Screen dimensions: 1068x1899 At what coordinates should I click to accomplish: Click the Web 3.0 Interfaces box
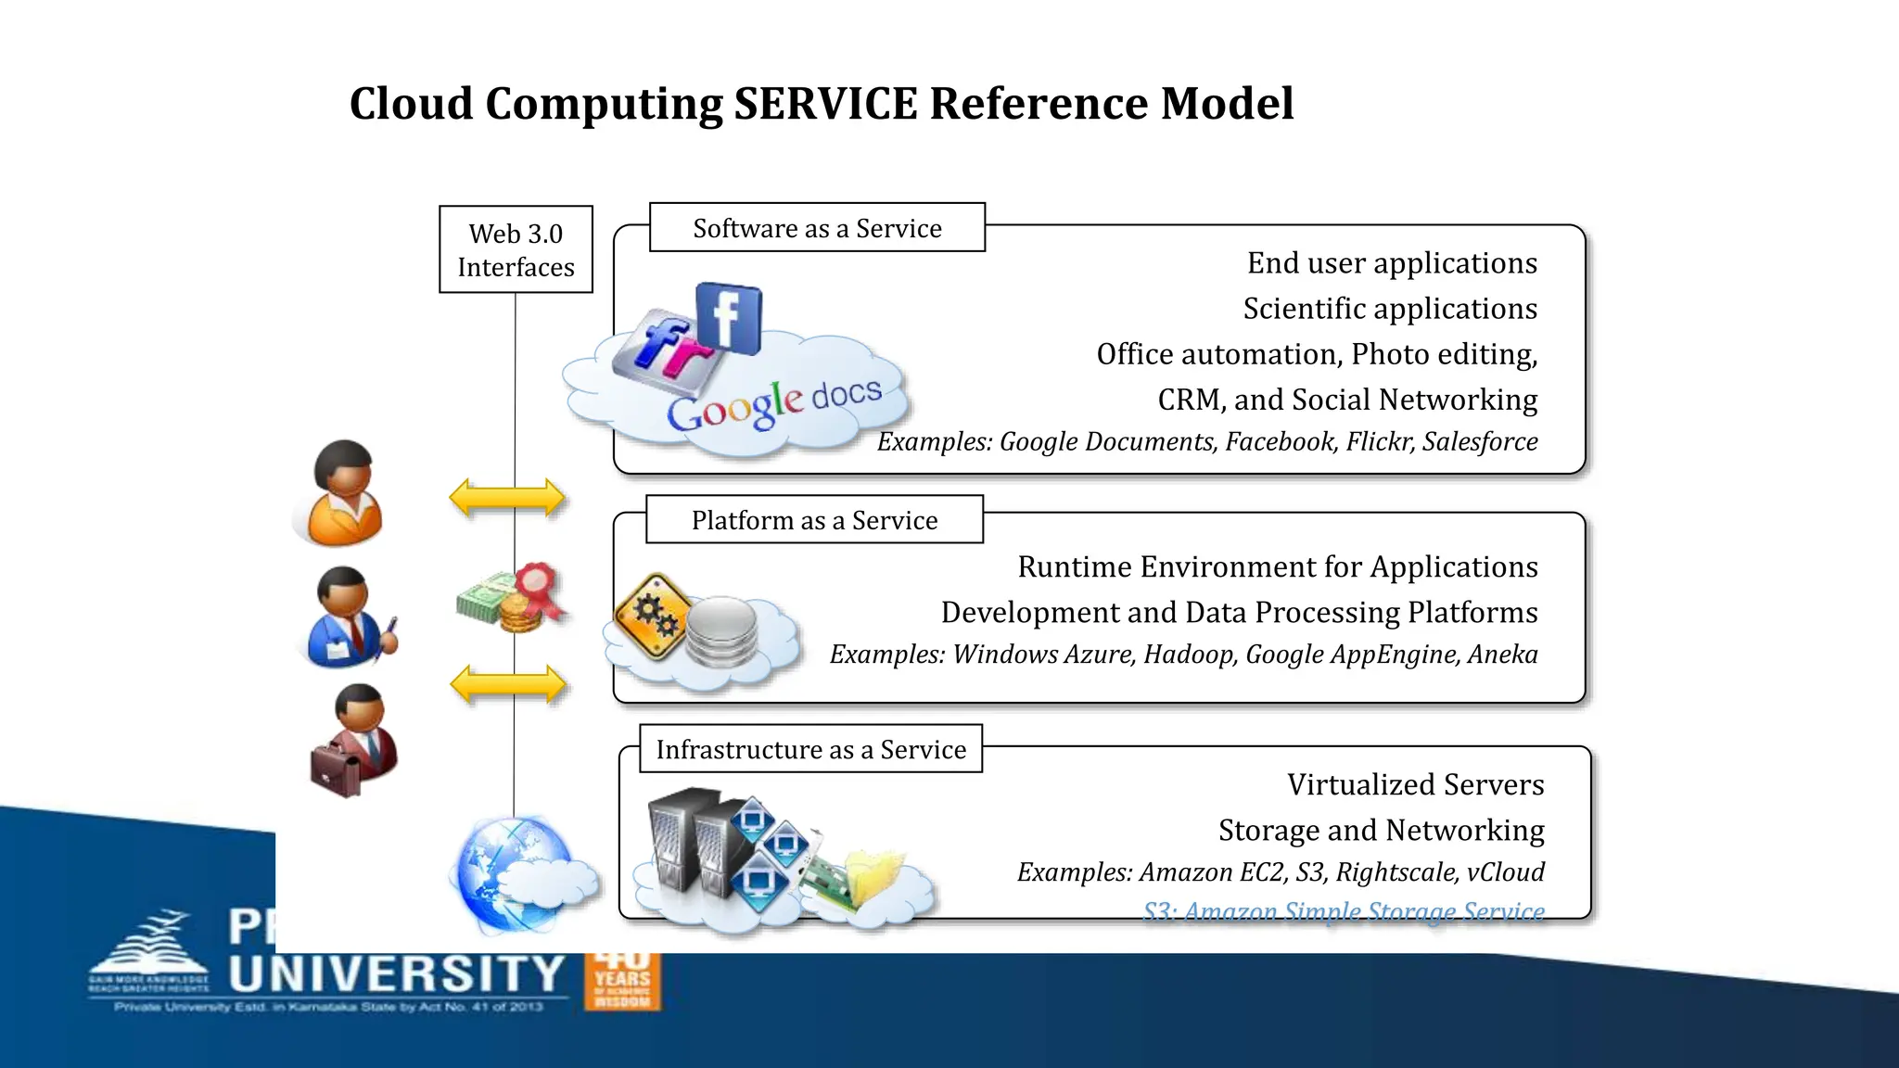pyautogui.click(x=516, y=249)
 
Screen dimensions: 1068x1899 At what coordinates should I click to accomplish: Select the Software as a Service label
pyautogui.click(x=817, y=228)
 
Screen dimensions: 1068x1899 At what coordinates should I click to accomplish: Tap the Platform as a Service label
pyautogui.click(x=814, y=520)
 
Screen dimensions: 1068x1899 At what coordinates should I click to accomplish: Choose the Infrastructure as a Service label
pyautogui.click(x=810, y=749)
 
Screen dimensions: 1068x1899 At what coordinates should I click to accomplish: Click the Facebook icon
pyautogui.click(x=729, y=319)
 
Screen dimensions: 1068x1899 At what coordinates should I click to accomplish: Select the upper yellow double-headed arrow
pyautogui.click(x=506, y=498)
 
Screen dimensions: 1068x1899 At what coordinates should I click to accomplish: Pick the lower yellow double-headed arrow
pyautogui.click(x=507, y=685)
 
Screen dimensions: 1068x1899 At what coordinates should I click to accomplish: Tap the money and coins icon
pyautogui.click(x=511, y=598)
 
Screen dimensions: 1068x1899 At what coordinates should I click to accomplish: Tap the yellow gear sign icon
pyautogui.click(x=654, y=615)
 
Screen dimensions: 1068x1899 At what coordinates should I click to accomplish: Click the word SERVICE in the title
pyautogui.click(x=825, y=103)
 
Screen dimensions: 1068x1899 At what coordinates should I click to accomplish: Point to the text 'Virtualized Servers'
pyautogui.click(x=1415, y=785)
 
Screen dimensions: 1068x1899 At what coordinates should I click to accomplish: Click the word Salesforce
pyautogui.click(x=1480, y=441)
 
